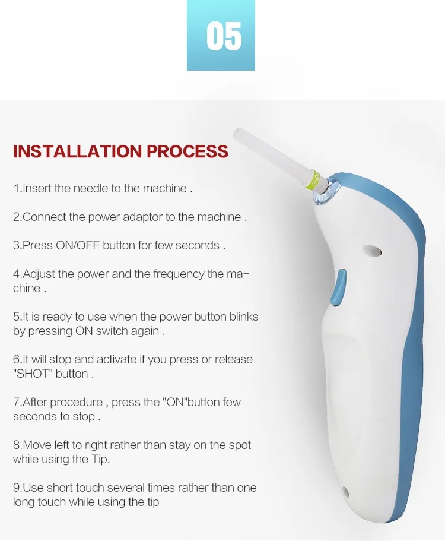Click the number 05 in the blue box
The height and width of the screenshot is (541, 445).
click(224, 36)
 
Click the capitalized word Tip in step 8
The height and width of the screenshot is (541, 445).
click(100, 459)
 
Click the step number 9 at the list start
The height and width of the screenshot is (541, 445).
click(17, 488)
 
